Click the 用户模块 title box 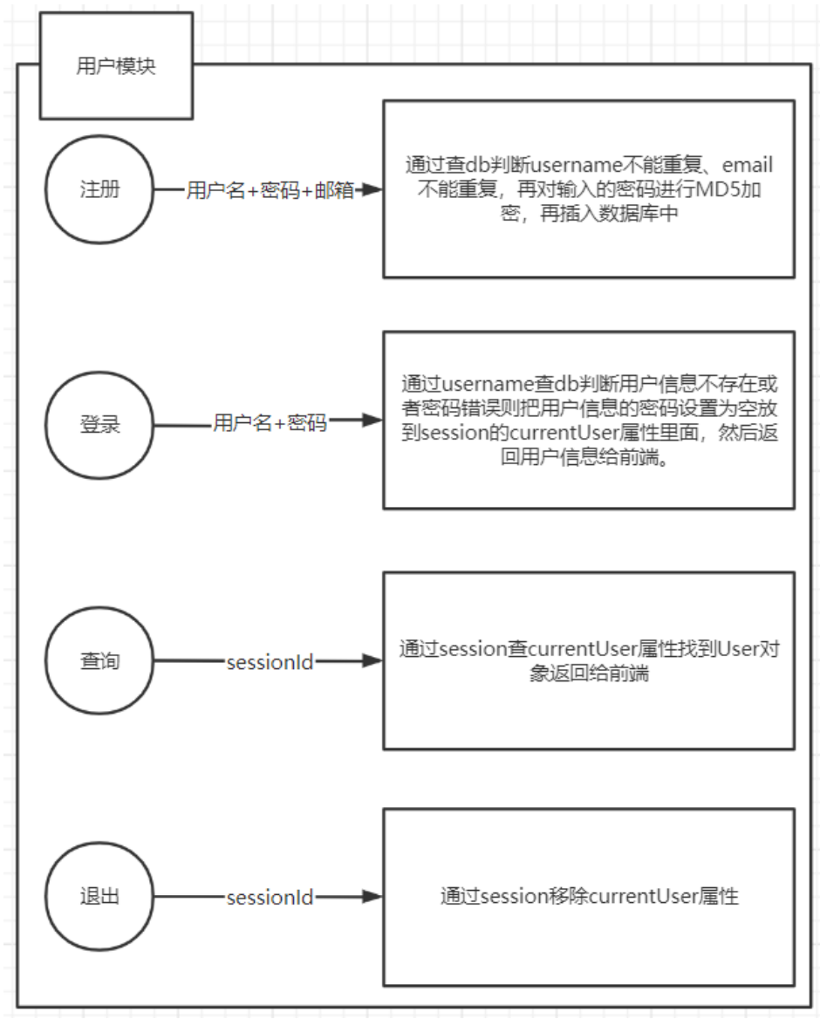[116, 66]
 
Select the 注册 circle [99, 191]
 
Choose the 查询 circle [99, 661]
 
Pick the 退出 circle [99, 897]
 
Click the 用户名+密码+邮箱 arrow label [270, 191]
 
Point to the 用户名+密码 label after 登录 [270, 424]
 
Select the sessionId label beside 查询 [270, 661]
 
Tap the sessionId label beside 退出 [270, 897]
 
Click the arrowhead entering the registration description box [373, 191]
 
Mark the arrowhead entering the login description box [373, 421]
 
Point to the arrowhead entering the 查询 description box [373, 661]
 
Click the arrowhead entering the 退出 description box [373, 897]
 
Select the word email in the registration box [748, 165]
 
